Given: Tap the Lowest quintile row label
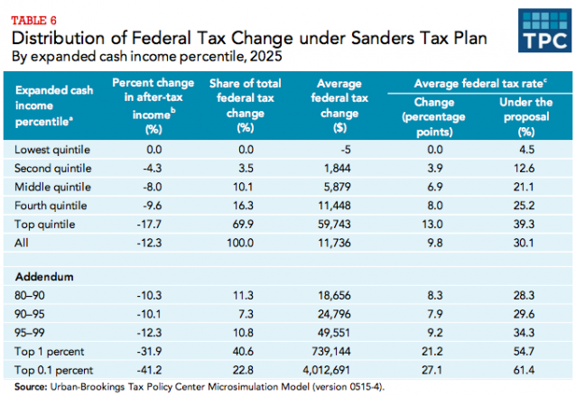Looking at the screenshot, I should pos(52,149).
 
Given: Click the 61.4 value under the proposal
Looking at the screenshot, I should pos(525,369).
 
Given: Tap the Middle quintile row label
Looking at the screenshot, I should pos(53,187).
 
